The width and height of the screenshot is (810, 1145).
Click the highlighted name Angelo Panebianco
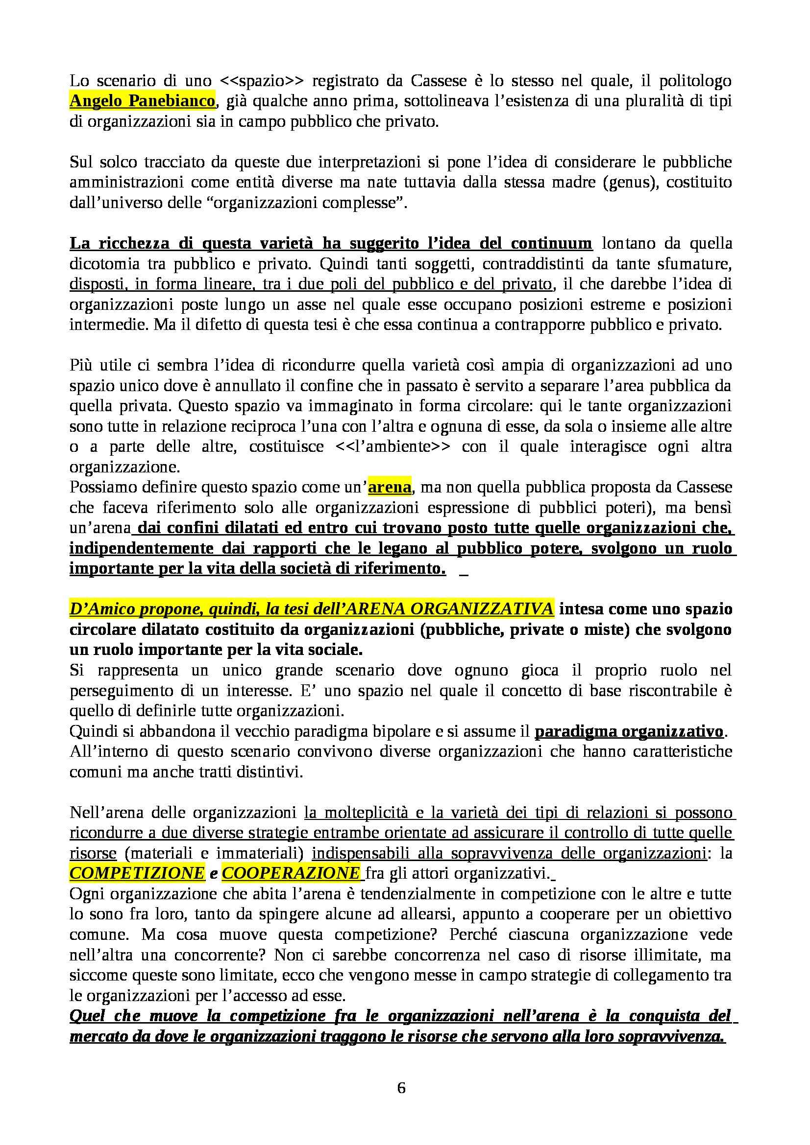click(142, 101)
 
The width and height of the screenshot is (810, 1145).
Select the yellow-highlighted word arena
click(390, 487)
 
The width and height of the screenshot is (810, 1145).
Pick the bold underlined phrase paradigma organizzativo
click(629, 731)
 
